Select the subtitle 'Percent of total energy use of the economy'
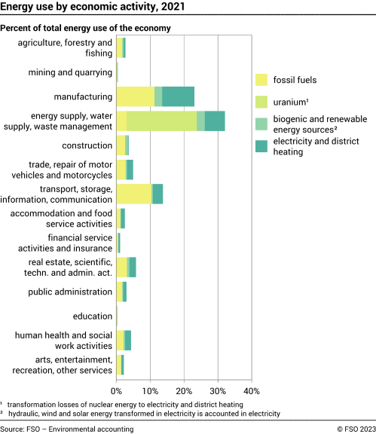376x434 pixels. (86, 28)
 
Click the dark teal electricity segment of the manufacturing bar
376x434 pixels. (178, 96)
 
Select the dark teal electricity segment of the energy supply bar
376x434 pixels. (215, 121)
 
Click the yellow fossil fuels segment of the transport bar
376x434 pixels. (133, 194)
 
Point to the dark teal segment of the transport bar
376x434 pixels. (157, 194)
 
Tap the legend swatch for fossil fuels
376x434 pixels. (261, 79)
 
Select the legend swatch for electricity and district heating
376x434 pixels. (261, 146)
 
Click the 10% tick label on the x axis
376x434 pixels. (150, 392)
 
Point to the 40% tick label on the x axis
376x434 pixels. (252, 392)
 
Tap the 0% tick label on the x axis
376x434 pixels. (117, 392)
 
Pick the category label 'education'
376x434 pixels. (93, 316)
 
